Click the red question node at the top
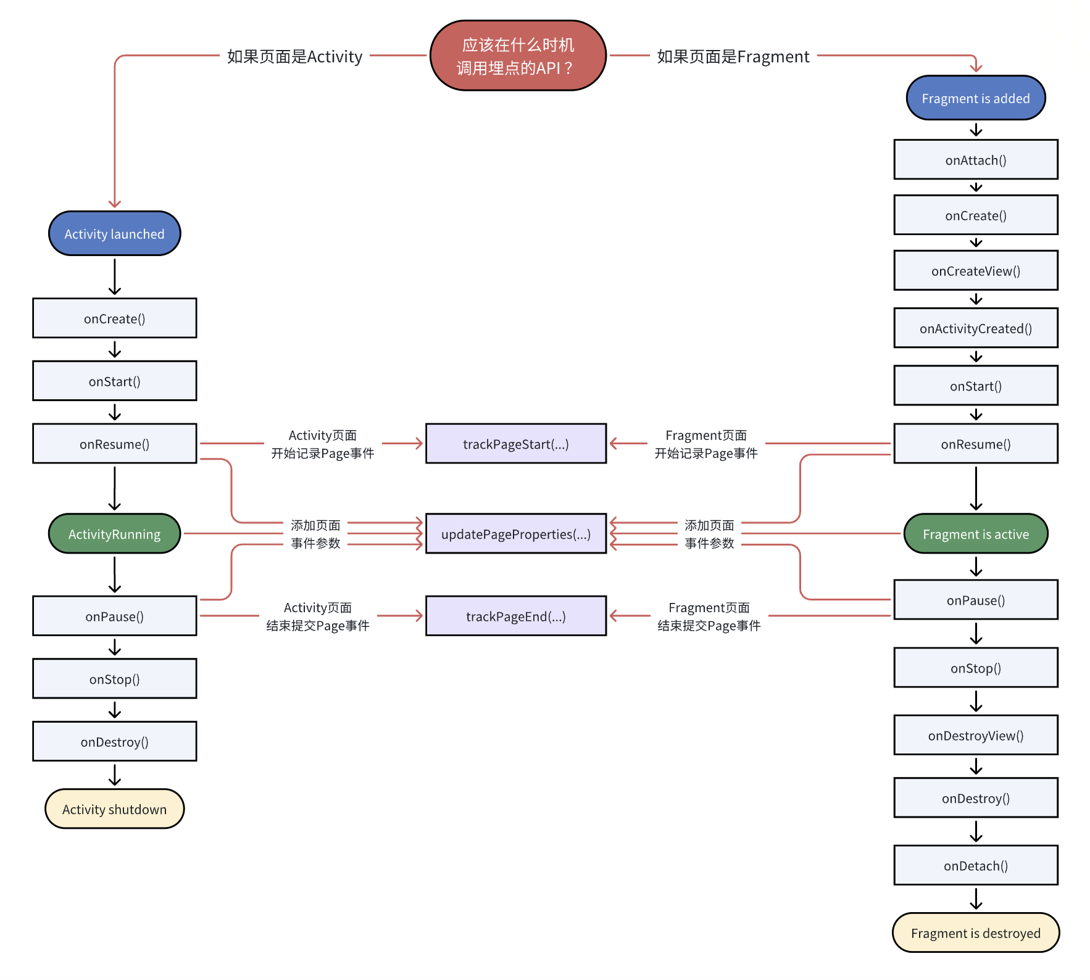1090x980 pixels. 517,56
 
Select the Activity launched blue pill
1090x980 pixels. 114,234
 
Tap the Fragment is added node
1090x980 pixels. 975,98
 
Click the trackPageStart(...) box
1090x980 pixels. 516,444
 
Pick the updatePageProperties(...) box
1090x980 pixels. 516,534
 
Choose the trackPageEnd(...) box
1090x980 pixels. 516,616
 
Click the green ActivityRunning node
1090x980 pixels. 114,534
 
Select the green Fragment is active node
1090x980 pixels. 975,534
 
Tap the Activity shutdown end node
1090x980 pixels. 114,809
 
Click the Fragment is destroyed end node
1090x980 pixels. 975,932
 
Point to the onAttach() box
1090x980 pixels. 975,160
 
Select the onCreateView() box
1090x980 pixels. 975,271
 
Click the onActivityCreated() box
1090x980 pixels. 975,328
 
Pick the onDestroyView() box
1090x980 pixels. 975,735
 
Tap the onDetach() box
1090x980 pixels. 975,865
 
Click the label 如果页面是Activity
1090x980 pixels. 294,57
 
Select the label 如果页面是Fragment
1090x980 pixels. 733,57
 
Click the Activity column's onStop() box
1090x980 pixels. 114,679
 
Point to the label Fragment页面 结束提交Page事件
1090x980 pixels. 709,617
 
